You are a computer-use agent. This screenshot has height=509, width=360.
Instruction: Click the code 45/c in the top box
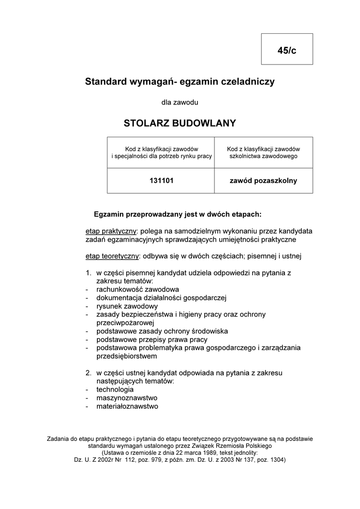pos(287,50)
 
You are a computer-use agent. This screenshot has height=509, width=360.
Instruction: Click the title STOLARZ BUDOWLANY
pos(180,123)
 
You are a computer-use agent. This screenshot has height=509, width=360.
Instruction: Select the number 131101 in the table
pos(161,181)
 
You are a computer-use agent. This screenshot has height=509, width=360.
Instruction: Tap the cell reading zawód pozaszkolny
pos(263,181)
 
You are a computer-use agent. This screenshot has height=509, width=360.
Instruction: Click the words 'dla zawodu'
pos(180,102)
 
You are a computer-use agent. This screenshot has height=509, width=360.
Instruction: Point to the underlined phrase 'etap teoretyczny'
pos(112,256)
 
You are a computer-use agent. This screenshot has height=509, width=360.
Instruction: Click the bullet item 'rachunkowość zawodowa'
pos(138,289)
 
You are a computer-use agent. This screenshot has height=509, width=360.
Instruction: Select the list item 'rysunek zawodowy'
pos(127,306)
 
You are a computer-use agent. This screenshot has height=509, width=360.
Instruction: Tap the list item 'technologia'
pos(115,390)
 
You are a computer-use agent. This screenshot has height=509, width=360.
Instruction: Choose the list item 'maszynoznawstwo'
pos(127,398)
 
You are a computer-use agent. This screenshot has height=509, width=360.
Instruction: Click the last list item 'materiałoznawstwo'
pos(127,407)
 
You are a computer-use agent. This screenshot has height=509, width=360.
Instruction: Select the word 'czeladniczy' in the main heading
pos(248,81)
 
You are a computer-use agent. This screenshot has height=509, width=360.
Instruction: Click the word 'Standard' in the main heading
pos(105,81)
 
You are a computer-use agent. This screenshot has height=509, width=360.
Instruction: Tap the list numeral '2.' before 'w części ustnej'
pos(88,372)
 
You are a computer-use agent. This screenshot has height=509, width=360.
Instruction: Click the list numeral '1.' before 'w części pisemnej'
pos(88,273)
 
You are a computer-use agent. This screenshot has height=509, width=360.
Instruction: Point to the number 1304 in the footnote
pos(275,460)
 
